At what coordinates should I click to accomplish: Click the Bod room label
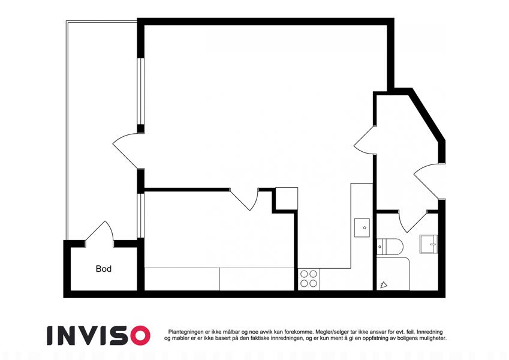[104, 269]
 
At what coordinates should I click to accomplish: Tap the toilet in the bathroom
[390, 246]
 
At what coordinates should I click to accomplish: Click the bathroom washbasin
[429, 244]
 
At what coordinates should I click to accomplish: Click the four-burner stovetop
[309, 279]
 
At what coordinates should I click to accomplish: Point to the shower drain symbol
[384, 285]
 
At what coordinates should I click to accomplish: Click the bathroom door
[412, 221]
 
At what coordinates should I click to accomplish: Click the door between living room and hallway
[365, 140]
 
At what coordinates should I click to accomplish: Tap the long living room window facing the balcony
[140, 91]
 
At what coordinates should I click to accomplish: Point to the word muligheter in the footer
[432, 338]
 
